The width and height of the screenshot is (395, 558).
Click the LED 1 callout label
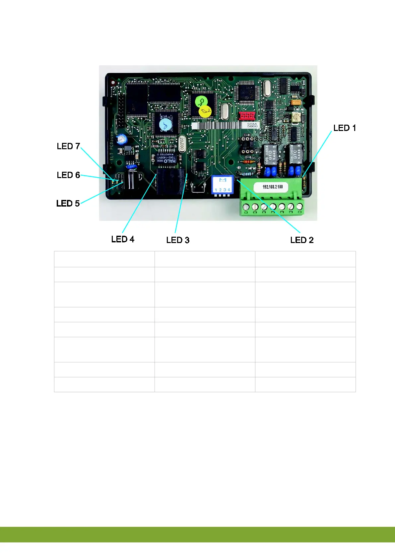coord(344,128)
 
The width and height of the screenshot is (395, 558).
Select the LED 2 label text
coord(301,240)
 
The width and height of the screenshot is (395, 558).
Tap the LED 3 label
coord(178,240)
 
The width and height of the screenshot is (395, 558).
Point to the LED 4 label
coord(123,239)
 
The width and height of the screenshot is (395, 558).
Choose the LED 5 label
coord(68,203)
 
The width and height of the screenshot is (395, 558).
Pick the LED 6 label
coord(68,175)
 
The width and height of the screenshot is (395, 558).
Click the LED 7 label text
coord(68,146)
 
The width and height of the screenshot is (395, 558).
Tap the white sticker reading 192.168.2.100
coord(273,187)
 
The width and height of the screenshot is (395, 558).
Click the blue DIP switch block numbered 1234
coord(222,185)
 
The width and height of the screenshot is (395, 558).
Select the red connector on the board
coord(247,116)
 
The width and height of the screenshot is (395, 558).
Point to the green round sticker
coord(201,101)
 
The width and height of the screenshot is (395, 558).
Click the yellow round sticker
coord(205,112)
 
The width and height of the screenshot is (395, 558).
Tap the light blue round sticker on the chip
coord(165,125)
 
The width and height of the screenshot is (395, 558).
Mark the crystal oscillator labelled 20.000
coord(182,144)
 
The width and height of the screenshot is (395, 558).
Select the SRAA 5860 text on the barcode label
coord(252,125)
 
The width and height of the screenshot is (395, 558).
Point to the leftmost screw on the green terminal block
coord(246,207)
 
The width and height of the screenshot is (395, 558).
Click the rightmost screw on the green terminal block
coord(299,207)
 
